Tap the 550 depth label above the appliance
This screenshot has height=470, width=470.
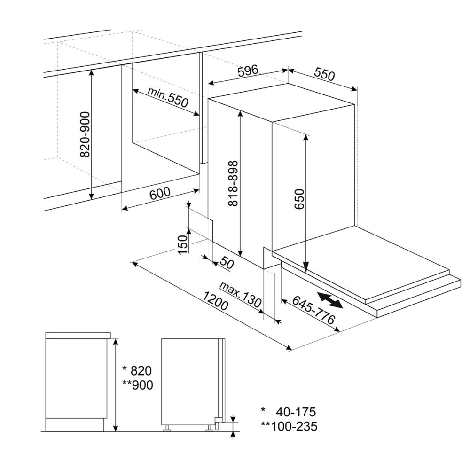point(324,74)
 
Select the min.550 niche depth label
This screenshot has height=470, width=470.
point(168,97)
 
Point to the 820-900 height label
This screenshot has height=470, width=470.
point(85,134)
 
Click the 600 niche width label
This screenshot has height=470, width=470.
point(160,194)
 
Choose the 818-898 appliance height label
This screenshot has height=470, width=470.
point(233,183)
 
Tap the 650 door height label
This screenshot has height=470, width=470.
point(299,199)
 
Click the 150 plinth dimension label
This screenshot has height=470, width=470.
point(182,244)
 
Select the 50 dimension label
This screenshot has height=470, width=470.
point(227,263)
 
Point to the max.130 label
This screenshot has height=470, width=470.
point(240,295)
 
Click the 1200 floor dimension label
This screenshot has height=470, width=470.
point(216,301)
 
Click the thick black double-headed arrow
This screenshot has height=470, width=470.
point(330,300)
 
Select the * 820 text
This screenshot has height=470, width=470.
point(137,371)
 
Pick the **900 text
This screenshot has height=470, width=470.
point(138,385)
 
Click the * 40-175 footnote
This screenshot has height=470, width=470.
point(289,412)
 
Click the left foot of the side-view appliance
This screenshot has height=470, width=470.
point(166,429)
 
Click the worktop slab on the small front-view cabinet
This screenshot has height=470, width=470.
point(78,336)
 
